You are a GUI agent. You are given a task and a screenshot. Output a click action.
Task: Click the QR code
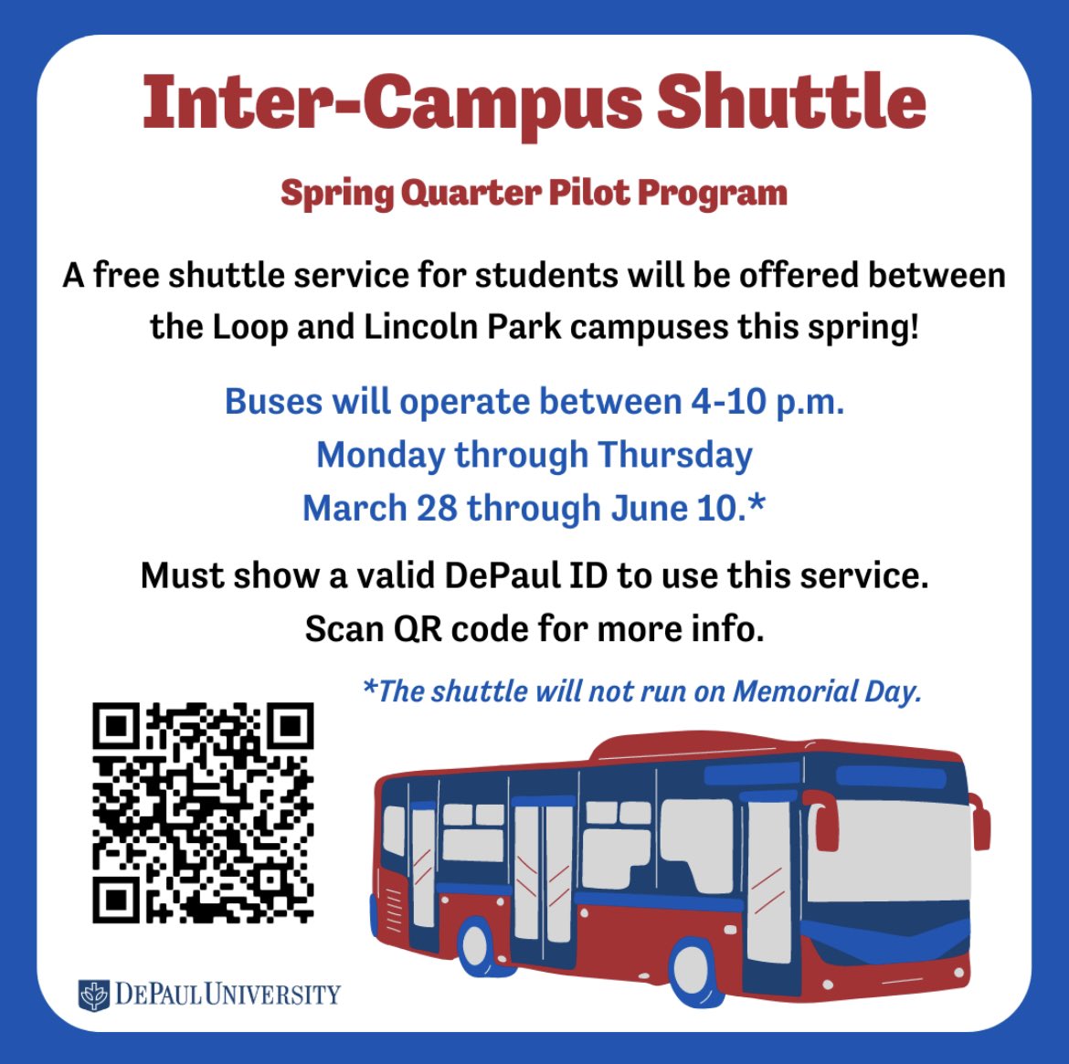point(203,812)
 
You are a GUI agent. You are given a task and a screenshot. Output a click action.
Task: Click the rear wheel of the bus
point(475,945)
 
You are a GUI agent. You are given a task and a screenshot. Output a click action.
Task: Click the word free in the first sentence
point(130,275)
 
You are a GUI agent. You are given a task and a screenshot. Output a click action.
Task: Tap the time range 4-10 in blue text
point(726,402)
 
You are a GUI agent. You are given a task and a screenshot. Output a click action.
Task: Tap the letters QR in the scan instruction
point(418,629)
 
